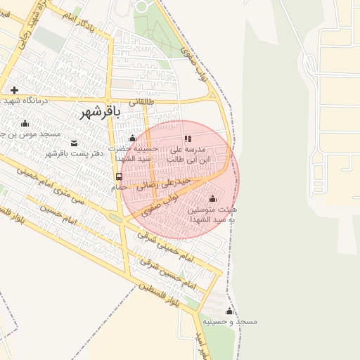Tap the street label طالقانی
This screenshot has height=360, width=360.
(140, 101)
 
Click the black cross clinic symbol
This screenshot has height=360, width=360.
(14, 90)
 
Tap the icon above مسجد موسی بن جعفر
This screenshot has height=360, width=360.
(25, 124)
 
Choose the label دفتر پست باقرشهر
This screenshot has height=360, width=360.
(75, 153)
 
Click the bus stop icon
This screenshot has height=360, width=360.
(119, 177)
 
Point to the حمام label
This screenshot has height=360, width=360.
(119, 188)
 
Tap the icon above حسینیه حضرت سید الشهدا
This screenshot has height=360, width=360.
(132, 139)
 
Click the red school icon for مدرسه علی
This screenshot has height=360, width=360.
(187, 139)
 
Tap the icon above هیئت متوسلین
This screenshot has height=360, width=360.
(213, 198)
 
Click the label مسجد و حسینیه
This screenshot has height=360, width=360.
(230, 321)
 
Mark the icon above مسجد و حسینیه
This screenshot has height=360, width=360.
(229, 311)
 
